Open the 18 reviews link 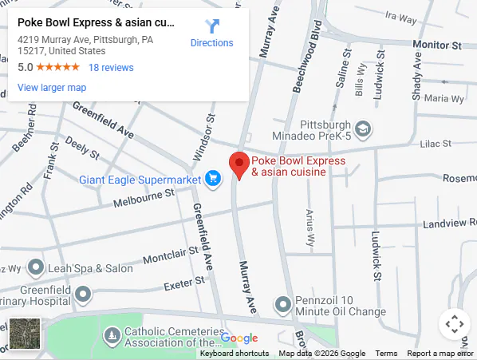click(x=111, y=68)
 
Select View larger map click(x=52, y=88)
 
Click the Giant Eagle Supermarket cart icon click(x=212, y=179)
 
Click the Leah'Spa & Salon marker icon click(x=36, y=267)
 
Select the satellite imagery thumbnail click(x=24, y=333)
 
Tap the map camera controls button click(x=454, y=324)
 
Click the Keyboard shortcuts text click(x=234, y=354)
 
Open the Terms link click(x=386, y=354)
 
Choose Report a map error click(x=440, y=354)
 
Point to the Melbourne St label click(x=143, y=196)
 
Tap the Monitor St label click(x=436, y=45)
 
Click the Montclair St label click(x=172, y=255)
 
